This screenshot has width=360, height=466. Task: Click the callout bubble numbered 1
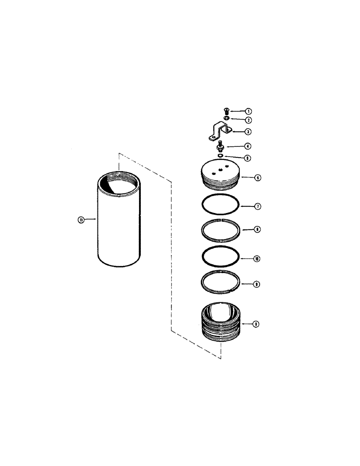[x=249, y=111]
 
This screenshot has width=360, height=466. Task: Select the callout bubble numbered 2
[x=249, y=120]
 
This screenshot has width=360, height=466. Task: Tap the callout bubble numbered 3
[x=249, y=132]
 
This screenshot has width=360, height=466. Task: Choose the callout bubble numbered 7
[x=256, y=206]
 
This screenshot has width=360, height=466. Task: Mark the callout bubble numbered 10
[x=256, y=258]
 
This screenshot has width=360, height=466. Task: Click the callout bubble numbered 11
[x=81, y=221]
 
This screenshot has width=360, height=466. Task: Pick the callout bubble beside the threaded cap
[x=256, y=178]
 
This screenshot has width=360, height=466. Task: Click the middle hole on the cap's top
[x=219, y=170]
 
